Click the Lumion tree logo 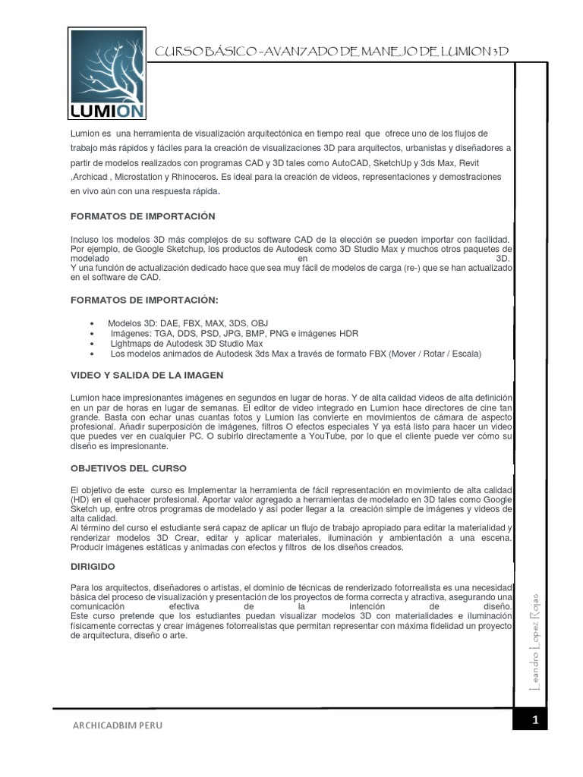pos(106,74)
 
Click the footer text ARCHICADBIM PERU pos(117,725)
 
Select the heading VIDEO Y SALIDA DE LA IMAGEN pos(147,376)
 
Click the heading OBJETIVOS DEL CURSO pos(128,468)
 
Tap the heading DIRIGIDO pos(93,566)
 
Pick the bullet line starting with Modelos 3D pos(183,322)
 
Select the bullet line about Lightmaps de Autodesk pos(186,344)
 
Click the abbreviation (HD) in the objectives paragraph pos(79,502)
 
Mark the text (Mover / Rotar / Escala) pos(435,354)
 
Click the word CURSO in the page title pos(175,52)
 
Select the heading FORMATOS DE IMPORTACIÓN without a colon pos(143,217)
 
